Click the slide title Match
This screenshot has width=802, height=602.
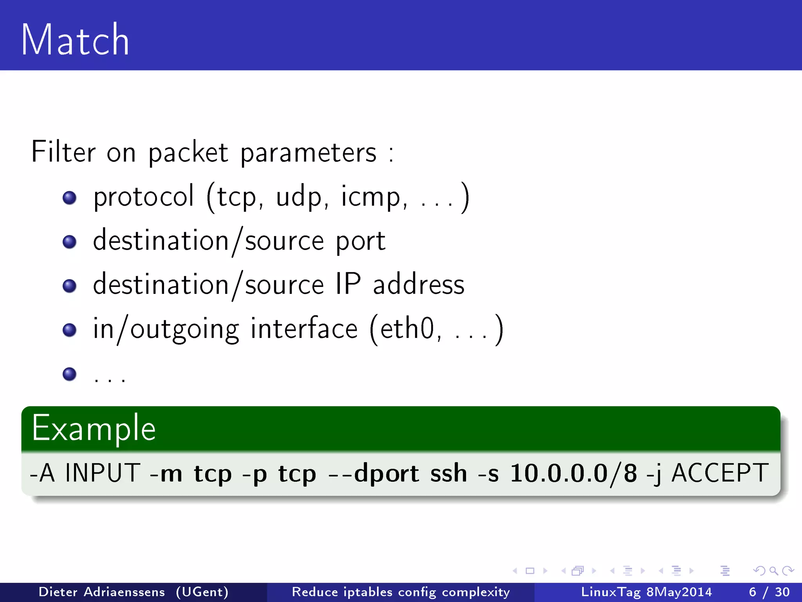point(75,40)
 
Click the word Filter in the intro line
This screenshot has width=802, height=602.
point(63,152)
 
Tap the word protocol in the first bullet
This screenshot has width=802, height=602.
point(143,196)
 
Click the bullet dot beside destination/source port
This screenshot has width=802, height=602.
point(69,242)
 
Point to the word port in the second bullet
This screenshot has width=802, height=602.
point(360,241)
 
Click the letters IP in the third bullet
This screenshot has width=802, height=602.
point(348,284)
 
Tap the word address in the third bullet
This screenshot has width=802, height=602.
point(418,285)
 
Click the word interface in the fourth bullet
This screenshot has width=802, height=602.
point(304,328)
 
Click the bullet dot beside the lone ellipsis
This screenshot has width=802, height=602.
point(69,374)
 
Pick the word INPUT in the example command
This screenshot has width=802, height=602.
point(103,473)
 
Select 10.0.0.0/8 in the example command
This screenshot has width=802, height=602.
point(574,473)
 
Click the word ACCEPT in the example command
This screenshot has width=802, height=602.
point(720,473)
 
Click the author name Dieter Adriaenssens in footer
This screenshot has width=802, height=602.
point(102,592)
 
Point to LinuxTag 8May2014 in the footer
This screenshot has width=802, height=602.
point(646,592)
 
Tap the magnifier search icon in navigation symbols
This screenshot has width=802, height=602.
point(773,571)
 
